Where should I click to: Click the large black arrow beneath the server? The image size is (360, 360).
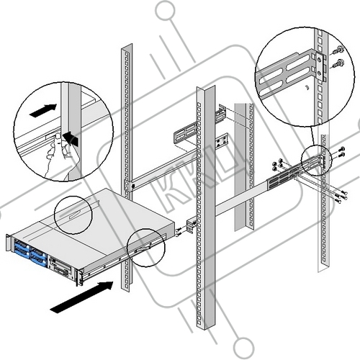point(81,297)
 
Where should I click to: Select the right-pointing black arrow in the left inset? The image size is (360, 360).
point(43,111)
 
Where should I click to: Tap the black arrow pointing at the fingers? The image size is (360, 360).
point(71,138)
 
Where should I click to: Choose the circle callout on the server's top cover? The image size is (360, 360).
point(73,215)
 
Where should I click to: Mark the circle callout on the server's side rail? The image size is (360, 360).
point(146,248)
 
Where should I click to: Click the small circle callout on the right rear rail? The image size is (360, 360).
point(316,161)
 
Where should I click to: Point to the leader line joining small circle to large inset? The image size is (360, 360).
point(313,136)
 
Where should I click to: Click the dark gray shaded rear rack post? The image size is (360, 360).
point(244,167)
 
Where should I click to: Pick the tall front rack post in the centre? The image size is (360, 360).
point(206,243)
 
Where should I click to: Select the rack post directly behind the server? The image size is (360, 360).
point(127,167)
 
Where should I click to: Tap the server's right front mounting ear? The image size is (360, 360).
point(78,278)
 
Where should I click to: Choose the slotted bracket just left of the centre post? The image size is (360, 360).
point(185,132)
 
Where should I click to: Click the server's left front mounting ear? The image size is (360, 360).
point(8,243)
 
